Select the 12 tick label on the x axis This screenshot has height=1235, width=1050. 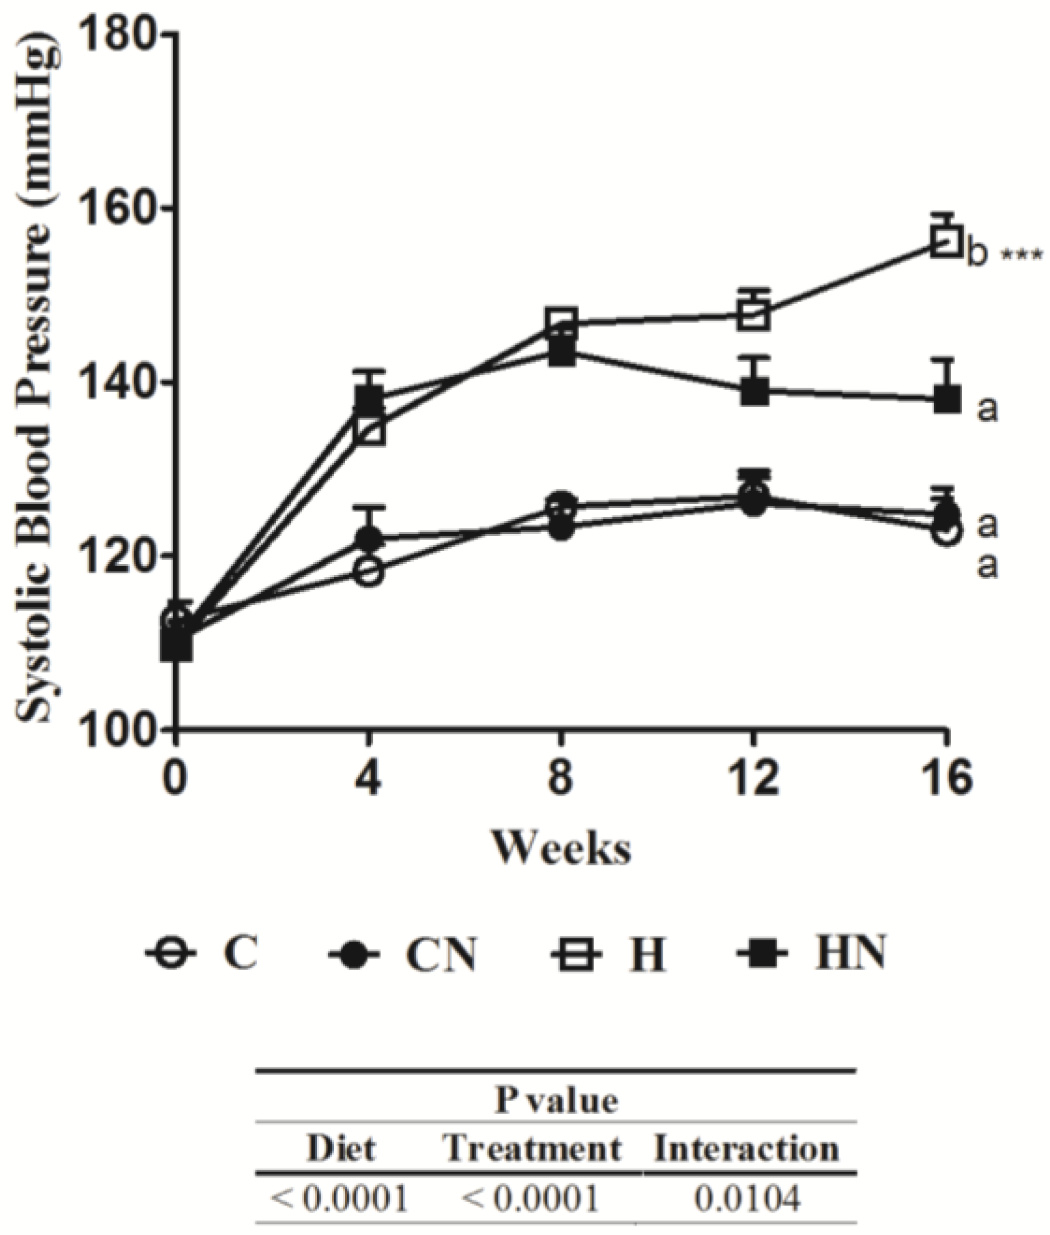click(752, 780)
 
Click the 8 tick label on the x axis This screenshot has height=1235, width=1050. click(560, 780)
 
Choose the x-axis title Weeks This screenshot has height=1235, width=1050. click(562, 848)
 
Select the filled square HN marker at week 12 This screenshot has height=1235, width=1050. click(754, 392)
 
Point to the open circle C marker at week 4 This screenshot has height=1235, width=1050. click(369, 571)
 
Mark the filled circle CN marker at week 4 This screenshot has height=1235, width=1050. click(369, 537)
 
